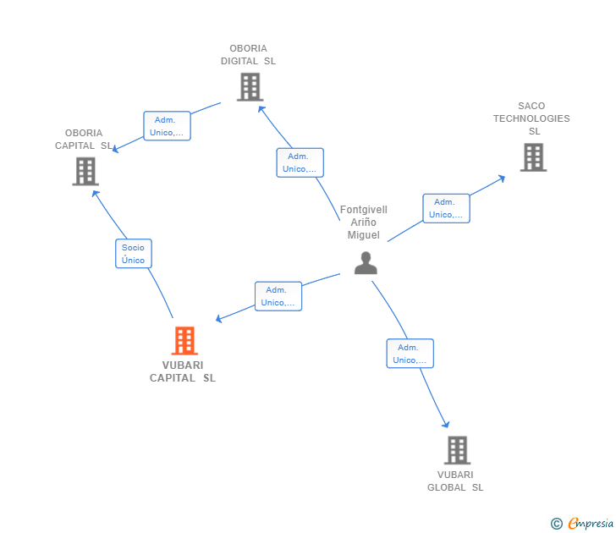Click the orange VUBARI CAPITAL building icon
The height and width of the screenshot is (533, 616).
click(184, 341)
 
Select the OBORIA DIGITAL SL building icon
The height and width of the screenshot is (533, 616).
click(250, 87)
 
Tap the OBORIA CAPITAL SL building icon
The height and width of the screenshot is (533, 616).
click(85, 171)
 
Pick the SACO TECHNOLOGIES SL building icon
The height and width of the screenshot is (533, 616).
click(533, 157)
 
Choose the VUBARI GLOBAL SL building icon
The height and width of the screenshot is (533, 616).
click(457, 450)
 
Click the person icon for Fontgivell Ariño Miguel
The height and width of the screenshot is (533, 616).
click(366, 263)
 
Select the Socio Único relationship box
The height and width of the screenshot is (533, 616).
click(134, 254)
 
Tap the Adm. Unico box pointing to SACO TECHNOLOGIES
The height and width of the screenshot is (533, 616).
click(446, 208)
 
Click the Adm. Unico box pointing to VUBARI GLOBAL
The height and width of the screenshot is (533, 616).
click(410, 354)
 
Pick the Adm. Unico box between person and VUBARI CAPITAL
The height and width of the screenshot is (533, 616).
click(278, 296)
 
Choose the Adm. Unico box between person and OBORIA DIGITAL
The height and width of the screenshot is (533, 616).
click(300, 162)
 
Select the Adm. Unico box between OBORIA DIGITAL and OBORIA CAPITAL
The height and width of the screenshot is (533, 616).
click(167, 126)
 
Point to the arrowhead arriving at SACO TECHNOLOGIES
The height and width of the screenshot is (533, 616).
click(502, 179)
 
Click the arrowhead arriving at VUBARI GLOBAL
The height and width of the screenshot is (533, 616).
click(446, 424)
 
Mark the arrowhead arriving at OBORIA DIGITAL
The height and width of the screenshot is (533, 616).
click(261, 109)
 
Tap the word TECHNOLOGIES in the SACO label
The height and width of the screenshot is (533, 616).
click(531, 118)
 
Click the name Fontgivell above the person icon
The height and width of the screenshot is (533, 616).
click(364, 210)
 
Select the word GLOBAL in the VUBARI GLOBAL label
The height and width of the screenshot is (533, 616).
click(446, 487)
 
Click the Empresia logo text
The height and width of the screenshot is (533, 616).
click(591, 524)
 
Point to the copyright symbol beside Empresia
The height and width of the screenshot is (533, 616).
click(557, 524)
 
